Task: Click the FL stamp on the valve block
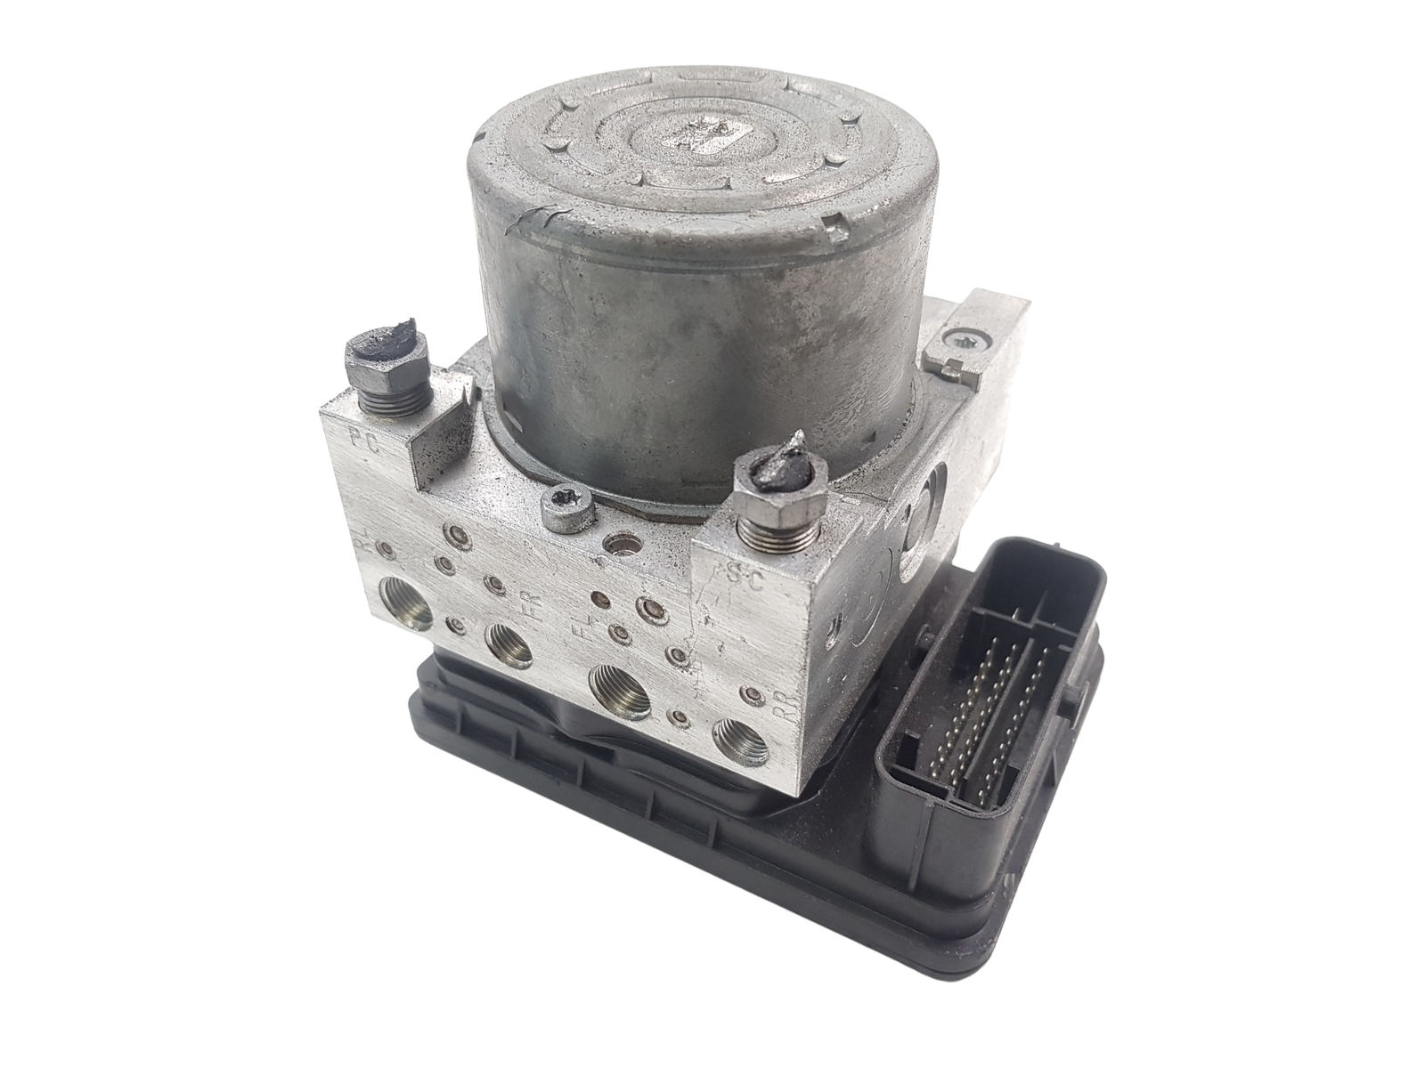[x=582, y=634]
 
